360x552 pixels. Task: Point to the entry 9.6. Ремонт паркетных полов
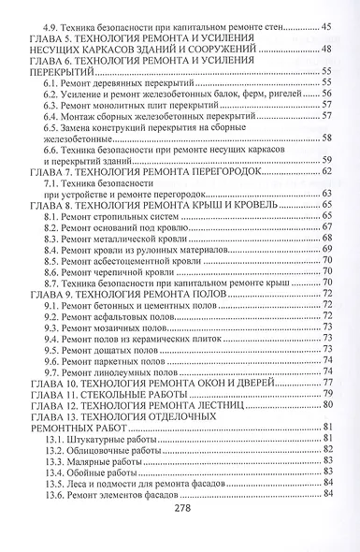click(103, 357)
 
